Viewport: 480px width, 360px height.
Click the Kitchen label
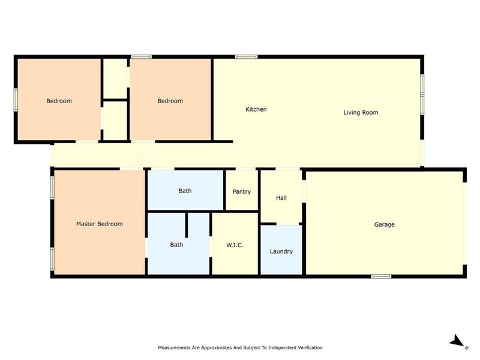click(x=256, y=109)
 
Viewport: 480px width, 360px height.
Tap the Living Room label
click(x=361, y=112)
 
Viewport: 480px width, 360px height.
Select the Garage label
click(x=384, y=224)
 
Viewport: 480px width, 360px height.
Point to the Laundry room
click(x=281, y=250)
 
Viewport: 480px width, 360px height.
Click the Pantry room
click(x=242, y=190)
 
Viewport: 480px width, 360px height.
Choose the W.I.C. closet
click(x=235, y=244)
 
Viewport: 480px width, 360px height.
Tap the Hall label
click(x=281, y=198)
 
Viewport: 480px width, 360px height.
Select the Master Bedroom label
click(x=100, y=224)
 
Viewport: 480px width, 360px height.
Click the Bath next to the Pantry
click(x=185, y=190)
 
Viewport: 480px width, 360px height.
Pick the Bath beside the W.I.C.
click(x=179, y=244)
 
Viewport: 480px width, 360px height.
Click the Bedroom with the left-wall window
click(x=59, y=100)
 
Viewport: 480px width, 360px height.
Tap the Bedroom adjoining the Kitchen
click(x=170, y=100)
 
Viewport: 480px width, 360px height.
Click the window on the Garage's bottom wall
click(x=381, y=277)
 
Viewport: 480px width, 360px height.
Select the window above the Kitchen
click(x=247, y=56)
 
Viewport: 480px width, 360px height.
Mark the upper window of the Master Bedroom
click(x=52, y=188)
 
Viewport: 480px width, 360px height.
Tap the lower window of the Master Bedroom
click(x=52, y=259)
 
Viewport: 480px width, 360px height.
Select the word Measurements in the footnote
click(x=174, y=347)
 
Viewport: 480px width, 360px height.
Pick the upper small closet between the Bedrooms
click(x=115, y=79)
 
